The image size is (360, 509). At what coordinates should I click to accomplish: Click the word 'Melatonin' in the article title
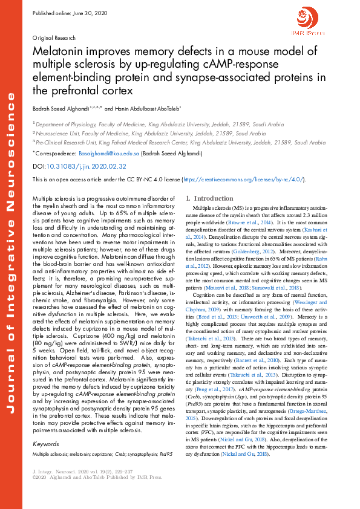click(58, 53)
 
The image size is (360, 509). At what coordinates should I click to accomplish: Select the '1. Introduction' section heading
click(208, 198)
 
